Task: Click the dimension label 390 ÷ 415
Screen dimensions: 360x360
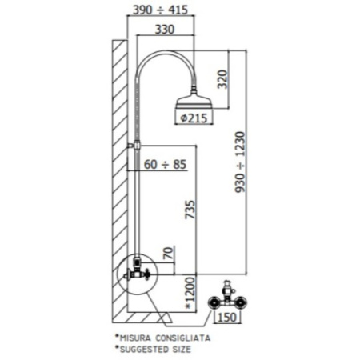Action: tap(160, 10)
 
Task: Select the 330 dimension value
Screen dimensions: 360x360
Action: tap(165, 29)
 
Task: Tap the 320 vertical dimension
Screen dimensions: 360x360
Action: tap(222, 79)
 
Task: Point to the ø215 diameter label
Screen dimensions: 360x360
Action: tap(194, 118)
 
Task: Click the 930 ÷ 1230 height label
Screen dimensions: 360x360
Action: tap(240, 162)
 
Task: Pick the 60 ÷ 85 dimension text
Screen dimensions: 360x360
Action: tap(165, 164)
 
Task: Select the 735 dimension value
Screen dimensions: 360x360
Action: tap(190, 210)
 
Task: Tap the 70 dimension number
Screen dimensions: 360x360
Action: tap(168, 253)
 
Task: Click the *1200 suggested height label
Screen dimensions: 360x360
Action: tap(190, 293)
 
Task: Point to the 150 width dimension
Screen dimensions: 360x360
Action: tap(227, 318)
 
